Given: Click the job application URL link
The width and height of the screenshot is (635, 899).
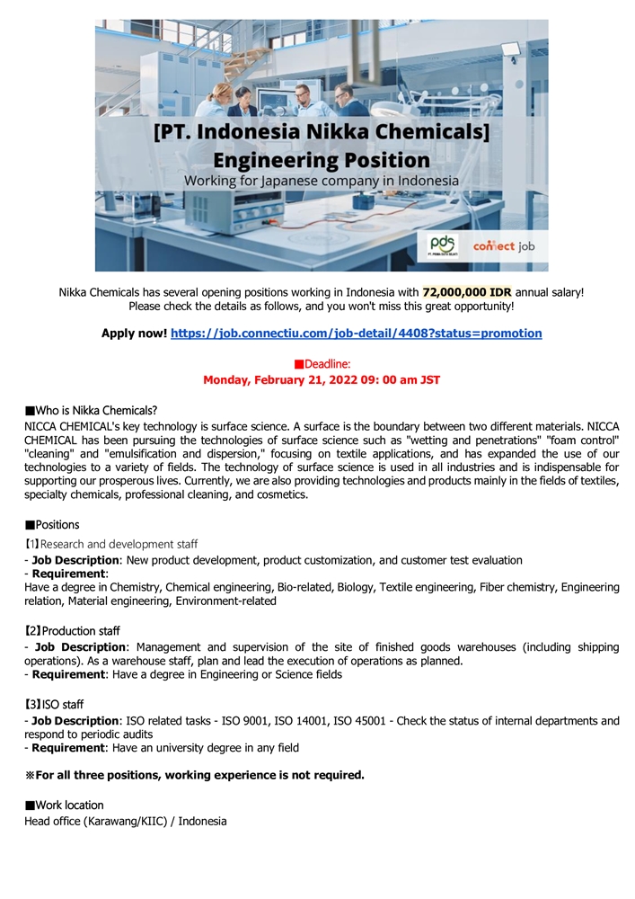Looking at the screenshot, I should (x=356, y=333).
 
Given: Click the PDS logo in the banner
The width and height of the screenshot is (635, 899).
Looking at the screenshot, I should (x=443, y=245).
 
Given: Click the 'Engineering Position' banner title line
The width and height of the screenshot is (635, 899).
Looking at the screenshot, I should (x=322, y=160).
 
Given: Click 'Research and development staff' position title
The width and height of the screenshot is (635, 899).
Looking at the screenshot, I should (x=111, y=544).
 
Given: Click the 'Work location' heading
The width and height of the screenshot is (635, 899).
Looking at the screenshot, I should (x=65, y=805).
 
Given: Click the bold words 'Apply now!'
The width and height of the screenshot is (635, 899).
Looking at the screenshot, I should (x=134, y=333).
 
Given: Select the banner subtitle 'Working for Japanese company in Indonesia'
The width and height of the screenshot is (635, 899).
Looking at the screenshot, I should (x=322, y=181).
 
